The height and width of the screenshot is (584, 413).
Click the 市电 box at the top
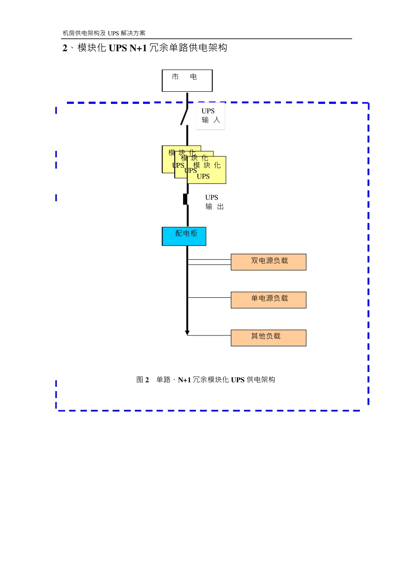coord(187,80)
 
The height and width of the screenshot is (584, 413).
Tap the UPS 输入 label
coord(210,116)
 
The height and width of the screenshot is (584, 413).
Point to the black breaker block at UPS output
coord(185,199)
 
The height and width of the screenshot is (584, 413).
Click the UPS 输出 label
coord(214,202)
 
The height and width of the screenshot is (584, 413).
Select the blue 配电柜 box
coord(184,236)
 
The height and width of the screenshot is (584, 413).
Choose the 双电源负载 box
coord(268,262)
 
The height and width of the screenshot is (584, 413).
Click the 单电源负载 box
coord(268,300)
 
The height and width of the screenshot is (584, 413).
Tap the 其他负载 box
coord(268,338)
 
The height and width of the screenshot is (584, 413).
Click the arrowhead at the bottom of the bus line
coord(187,333)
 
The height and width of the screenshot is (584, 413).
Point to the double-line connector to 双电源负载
coord(209,262)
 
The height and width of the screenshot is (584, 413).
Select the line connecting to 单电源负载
coord(209,298)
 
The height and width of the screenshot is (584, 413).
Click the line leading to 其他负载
coord(209,335)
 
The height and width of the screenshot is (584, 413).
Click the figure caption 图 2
coord(143,380)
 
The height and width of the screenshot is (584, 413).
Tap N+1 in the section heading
coord(138,48)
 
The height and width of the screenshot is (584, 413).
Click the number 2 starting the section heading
coord(65,48)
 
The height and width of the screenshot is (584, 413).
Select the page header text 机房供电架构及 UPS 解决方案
coord(104,33)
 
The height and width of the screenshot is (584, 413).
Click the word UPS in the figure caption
coord(238,380)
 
